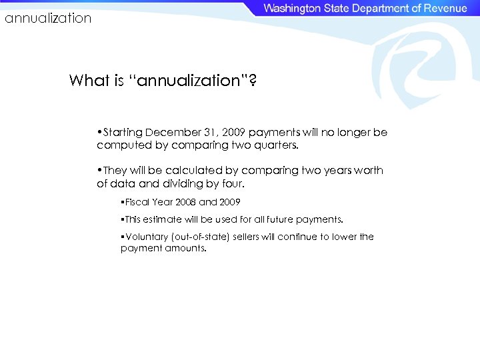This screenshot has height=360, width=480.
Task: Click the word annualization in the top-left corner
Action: point(48,19)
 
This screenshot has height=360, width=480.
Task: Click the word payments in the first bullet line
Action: point(273,133)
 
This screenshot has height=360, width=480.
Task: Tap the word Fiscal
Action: point(137,202)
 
